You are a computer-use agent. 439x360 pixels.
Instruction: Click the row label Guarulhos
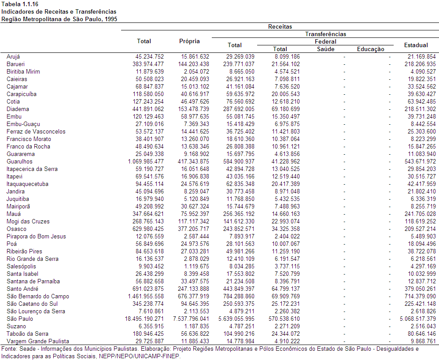pos(19,161)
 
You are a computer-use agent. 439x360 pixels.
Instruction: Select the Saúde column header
pos(325,49)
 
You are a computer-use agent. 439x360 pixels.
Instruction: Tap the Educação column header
pos(370,49)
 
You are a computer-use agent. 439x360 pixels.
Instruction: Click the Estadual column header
pos(416,45)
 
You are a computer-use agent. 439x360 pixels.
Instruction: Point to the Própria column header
pos(189,41)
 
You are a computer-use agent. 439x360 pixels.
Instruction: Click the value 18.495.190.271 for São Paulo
pos(144,319)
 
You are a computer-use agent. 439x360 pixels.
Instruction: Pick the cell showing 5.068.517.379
pos(418,319)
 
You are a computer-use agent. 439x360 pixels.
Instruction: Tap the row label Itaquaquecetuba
pos(27,184)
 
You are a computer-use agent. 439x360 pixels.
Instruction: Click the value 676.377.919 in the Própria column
pos(193,297)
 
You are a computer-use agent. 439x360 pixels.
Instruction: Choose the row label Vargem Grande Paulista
pos(38,341)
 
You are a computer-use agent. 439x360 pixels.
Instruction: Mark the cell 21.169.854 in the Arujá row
pos(422,56)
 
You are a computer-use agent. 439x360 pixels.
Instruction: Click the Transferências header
pos(325,34)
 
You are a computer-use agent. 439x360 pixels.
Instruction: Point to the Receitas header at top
pos(280,26)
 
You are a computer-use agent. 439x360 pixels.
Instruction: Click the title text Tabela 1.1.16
pos(20,4)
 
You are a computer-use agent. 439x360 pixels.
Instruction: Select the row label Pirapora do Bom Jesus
pos(36,237)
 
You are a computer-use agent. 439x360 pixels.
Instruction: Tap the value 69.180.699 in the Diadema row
pos(286,109)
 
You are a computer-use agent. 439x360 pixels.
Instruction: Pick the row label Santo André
pos(22,289)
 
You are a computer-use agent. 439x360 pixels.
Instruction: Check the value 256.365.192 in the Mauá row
pos(239,214)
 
